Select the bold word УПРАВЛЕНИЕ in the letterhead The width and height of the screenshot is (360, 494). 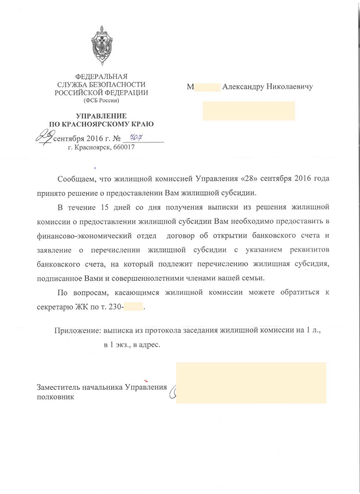(x=101, y=116)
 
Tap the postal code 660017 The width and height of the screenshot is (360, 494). (x=123, y=148)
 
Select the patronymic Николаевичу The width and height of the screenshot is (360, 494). (x=290, y=87)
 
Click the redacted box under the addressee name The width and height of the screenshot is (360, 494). (x=249, y=110)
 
